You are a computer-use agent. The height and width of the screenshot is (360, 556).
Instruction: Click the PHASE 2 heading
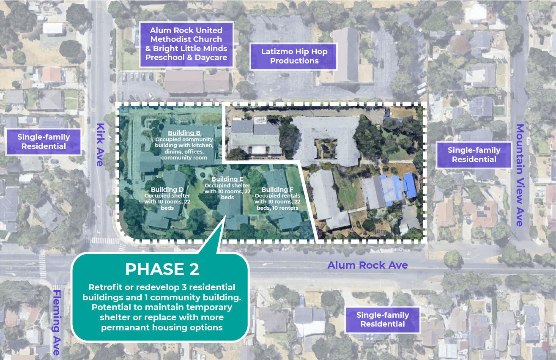tap(162, 269)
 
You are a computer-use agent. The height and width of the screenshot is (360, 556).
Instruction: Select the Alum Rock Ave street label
tap(367, 265)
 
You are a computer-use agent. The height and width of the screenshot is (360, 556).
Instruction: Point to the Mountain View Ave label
tap(520, 175)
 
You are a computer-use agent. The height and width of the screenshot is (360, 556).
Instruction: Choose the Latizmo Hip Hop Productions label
tap(294, 56)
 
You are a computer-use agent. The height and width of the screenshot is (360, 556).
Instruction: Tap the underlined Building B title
tap(184, 133)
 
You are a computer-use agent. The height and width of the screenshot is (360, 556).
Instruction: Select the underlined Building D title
tap(167, 190)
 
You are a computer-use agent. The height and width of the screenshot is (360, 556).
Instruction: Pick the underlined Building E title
tap(227, 179)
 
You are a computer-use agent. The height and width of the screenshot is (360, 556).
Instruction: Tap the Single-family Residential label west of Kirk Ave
tap(44, 141)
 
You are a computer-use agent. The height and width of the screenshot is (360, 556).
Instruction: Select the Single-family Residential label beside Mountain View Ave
tap(474, 154)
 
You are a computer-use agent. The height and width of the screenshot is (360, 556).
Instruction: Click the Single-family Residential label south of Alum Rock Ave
tap(383, 319)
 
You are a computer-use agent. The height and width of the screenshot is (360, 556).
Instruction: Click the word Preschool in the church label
tap(165, 58)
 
